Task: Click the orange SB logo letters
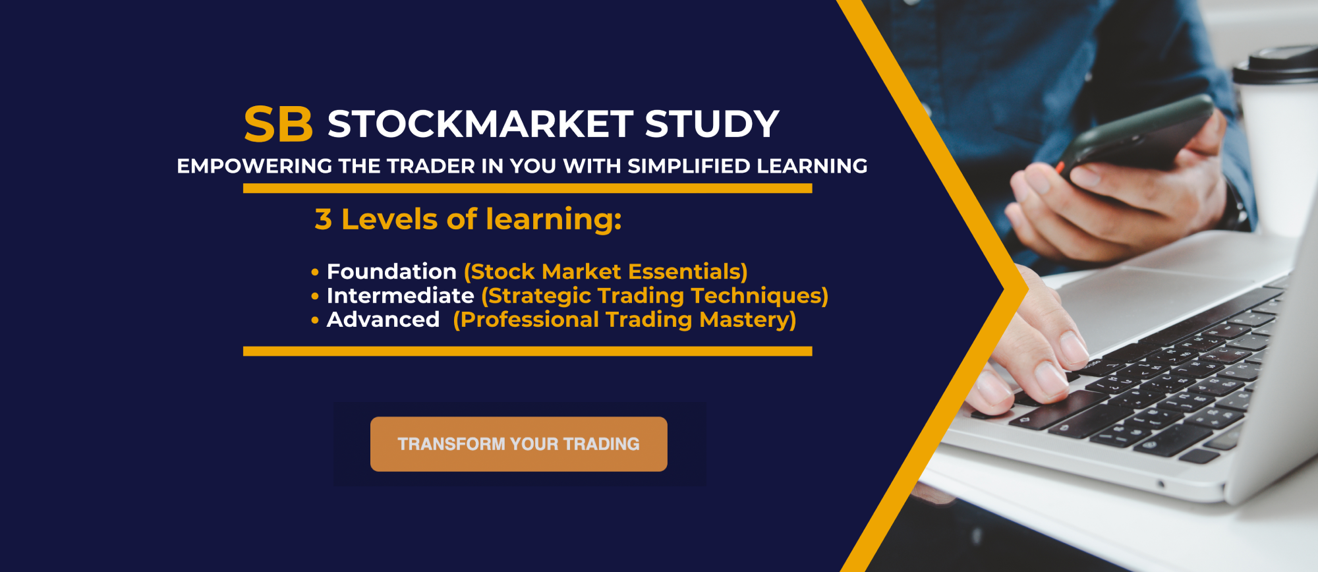278,125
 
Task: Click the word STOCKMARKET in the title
480,124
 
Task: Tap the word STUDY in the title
712,124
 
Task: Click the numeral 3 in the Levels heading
323,219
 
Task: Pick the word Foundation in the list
391,272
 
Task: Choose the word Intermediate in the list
400,296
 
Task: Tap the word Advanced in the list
383,320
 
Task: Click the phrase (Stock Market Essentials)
606,272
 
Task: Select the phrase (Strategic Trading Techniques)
654,297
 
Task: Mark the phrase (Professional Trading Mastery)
625,320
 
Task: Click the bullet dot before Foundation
315,272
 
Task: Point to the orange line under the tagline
527,188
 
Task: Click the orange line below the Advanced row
527,351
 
